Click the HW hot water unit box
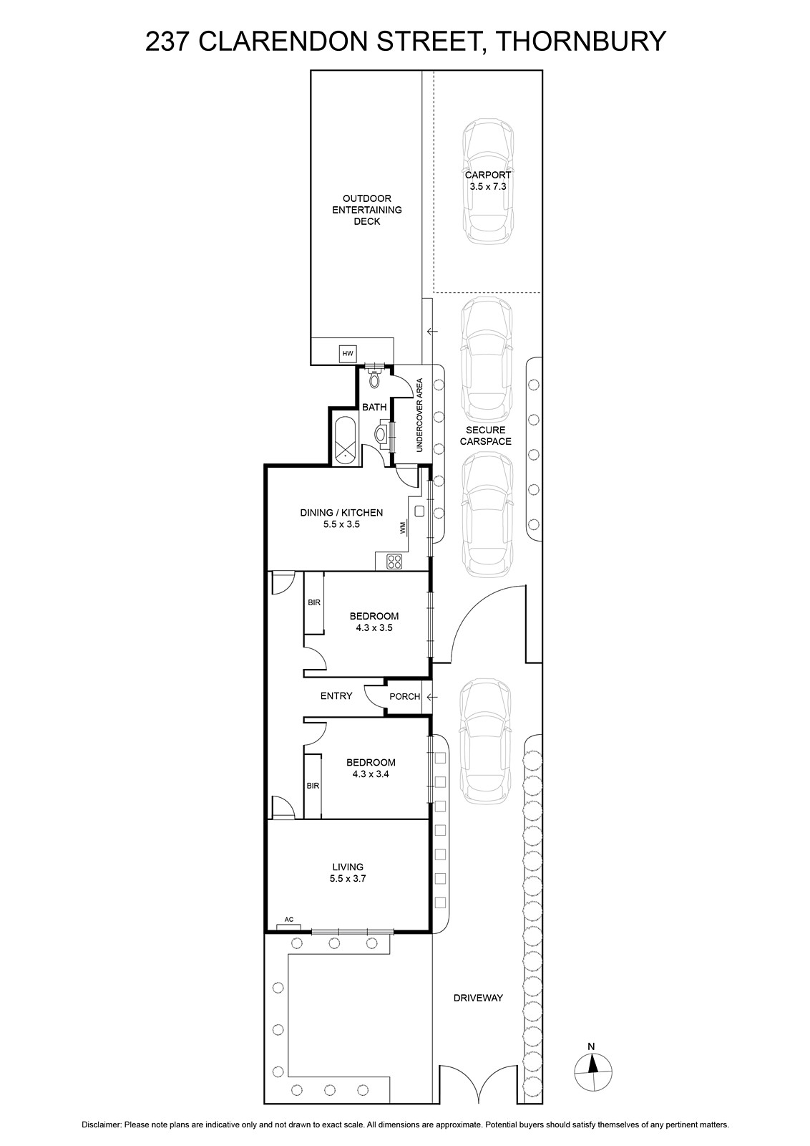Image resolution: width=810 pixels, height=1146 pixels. (348, 354)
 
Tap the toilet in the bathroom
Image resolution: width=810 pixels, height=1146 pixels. (375, 377)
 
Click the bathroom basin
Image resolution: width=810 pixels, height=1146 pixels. (381, 434)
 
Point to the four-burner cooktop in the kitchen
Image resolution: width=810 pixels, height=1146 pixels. (395, 562)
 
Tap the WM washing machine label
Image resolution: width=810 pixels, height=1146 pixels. (404, 527)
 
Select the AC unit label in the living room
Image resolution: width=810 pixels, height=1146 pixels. (289, 920)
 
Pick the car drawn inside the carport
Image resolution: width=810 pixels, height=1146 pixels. (487, 181)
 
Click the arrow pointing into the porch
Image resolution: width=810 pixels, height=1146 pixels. (432, 697)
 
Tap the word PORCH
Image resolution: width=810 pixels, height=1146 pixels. (405, 696)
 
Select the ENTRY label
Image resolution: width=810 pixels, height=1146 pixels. (336, 695)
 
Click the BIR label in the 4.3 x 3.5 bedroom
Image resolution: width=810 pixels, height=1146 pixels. (314, 602)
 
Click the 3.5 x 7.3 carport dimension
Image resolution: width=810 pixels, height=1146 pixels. (488, 186)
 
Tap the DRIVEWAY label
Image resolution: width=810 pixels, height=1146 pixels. (478, 998)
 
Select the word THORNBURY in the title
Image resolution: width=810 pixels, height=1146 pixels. (581, 42)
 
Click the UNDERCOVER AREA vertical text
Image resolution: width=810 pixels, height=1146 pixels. (419, 415)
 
